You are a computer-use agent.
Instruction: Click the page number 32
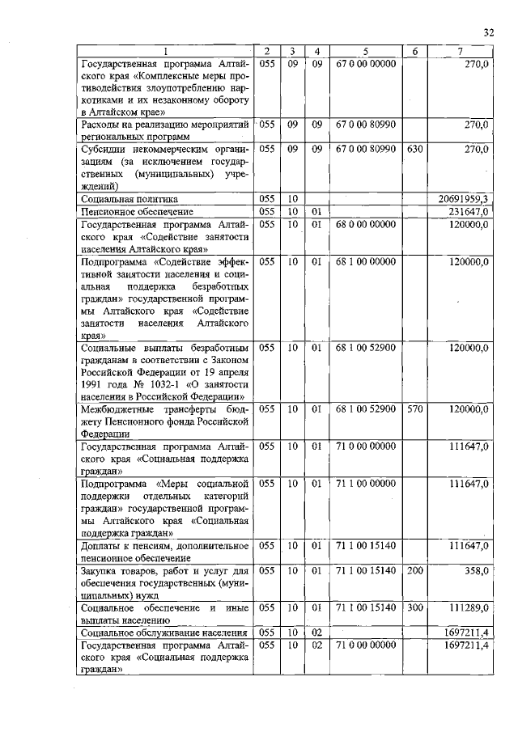(x=488, y=32)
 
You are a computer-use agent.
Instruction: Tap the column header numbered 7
(x=459, y=53)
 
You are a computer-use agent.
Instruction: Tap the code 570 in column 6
(x=414, y=409)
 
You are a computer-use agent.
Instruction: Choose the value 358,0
(x=476, y=570)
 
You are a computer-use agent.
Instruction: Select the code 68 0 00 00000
(x=365, y=224)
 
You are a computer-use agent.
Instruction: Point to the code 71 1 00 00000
(x=365, y=484)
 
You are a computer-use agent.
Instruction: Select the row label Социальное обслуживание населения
(x=163, y=632)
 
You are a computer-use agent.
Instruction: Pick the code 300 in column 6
(x=414, y=606)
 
